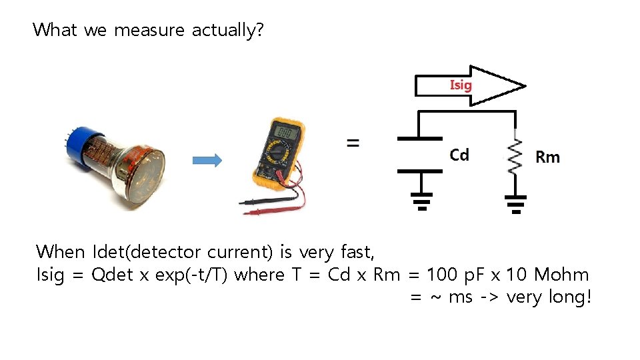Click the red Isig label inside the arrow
point(461,85)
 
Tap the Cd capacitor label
point(459,155)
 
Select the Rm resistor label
point(547,157)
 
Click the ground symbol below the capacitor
point(421,199)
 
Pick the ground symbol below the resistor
point(515,203)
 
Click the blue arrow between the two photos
point(207,160)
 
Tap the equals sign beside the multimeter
point(352,143)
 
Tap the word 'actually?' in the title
point(227,31)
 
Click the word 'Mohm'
point(561,275)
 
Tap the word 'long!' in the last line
point(570,297)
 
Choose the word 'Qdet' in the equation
point(111,275)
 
